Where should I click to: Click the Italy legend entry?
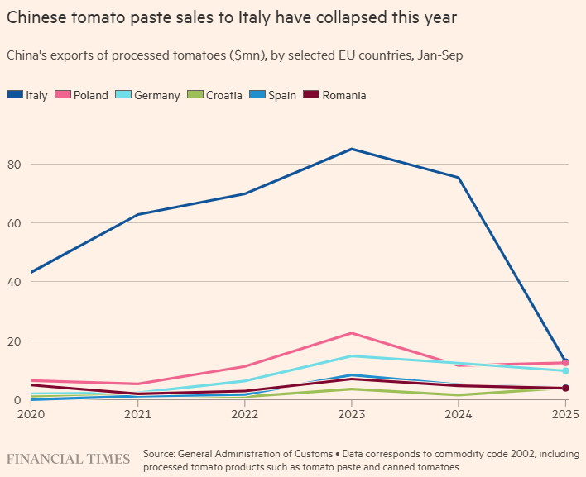(x=28, y=95)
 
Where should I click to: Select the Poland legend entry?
(x=84, y=95)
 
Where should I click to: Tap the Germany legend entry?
(x=150, y=95)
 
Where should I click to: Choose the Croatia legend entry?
(x=218, y=95)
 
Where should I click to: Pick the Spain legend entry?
(x=276, y=95)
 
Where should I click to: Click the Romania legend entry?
(x=337, y=95)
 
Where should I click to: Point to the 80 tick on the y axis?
(x=14, y=164)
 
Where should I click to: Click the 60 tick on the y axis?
(x=14, y=223)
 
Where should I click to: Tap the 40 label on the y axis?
(x=14, y=282)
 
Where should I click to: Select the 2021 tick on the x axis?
(x=137, y=413)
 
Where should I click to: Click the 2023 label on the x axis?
(x=352, y=413)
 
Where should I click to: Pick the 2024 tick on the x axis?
(x=459, y=413)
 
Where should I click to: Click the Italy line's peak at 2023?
(x=352, y=149)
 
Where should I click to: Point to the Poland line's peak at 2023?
(x=352, y=333)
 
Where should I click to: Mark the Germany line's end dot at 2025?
(x=565, y=371)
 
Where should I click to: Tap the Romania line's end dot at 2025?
(x=565, y=388)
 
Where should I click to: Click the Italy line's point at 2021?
(x=137, y=215)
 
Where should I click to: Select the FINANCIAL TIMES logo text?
(x=69, y=459)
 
